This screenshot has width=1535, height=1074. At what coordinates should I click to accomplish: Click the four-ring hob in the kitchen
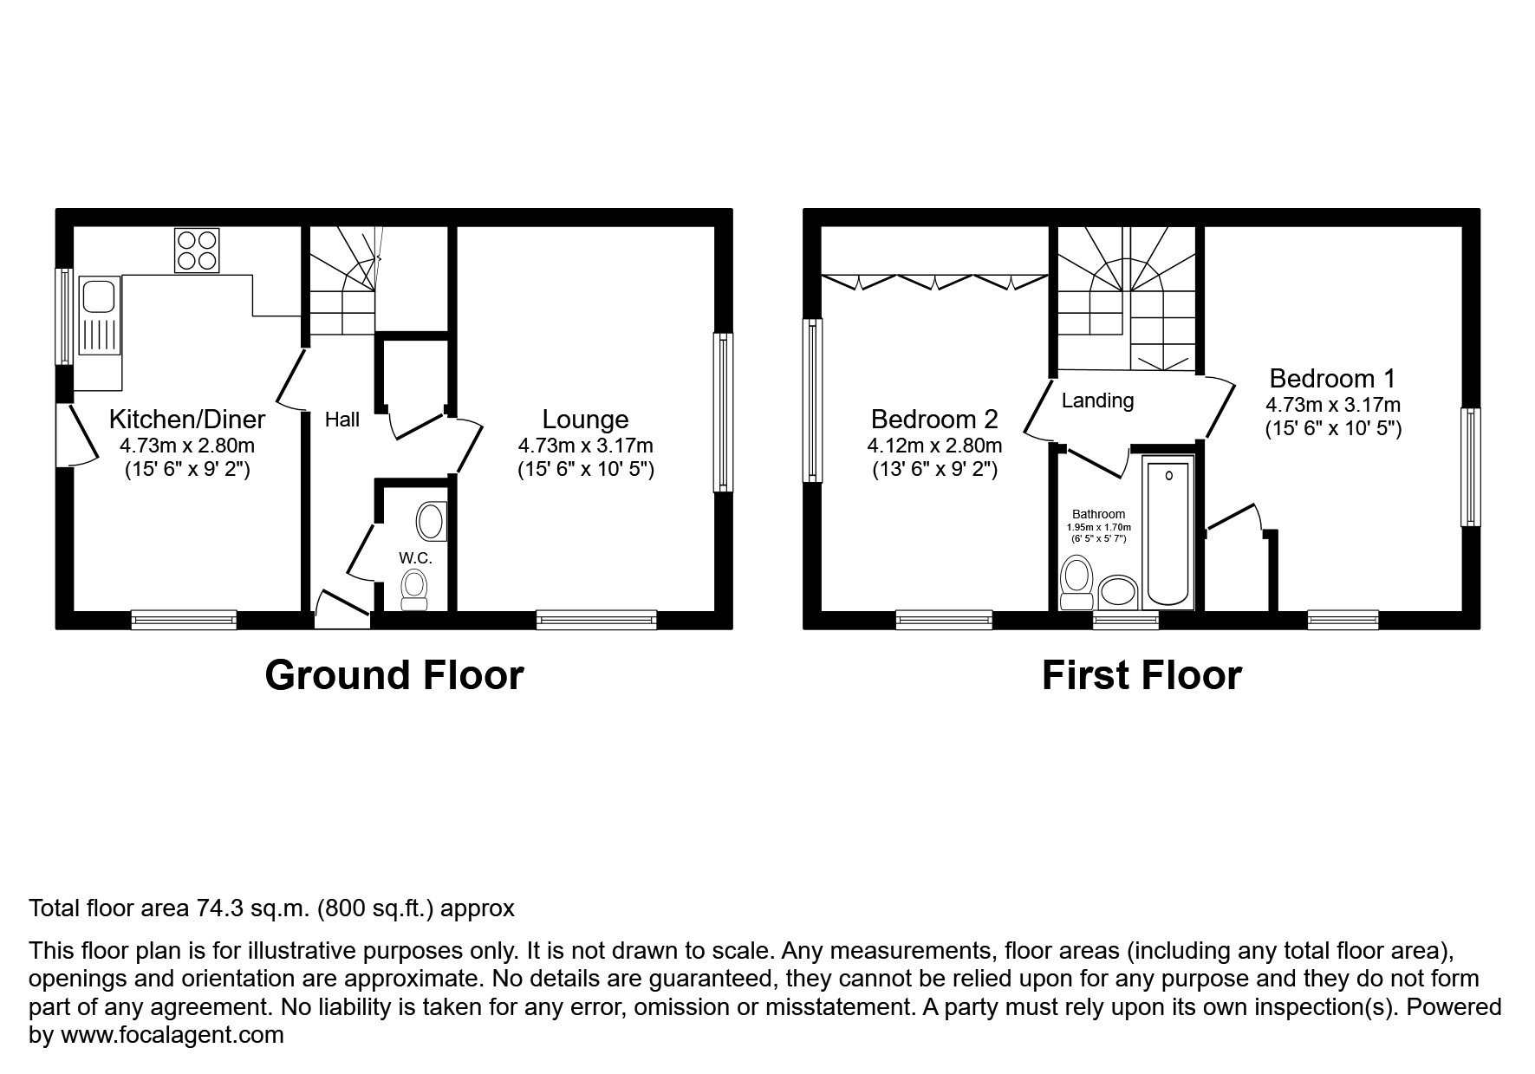[196, 250]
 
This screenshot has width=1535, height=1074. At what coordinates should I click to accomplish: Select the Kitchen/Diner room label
[186, 420]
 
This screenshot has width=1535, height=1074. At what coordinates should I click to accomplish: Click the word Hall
[341, 420]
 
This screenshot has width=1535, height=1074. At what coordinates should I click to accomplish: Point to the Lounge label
[585, 420]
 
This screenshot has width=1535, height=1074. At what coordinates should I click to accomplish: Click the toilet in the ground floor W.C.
[415, 586]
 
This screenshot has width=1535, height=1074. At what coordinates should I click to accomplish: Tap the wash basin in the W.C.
[430, 522]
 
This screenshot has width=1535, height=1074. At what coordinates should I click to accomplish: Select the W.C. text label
[415, 558]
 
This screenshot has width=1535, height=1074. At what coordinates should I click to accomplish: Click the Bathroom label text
[1098, 514]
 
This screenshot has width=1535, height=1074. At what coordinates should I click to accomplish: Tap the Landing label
[1097, 400]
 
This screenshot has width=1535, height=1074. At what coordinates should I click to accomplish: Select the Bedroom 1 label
[1332, 379]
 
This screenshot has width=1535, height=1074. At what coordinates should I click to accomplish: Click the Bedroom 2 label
[934, 420]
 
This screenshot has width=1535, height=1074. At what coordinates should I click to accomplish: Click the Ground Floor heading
[394, 675]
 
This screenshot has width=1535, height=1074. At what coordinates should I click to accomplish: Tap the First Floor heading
[1141, 675]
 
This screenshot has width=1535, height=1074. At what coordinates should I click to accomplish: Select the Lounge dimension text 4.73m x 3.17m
[585, 446]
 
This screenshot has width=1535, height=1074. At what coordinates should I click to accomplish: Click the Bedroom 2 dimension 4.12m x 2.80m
[934, 446]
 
